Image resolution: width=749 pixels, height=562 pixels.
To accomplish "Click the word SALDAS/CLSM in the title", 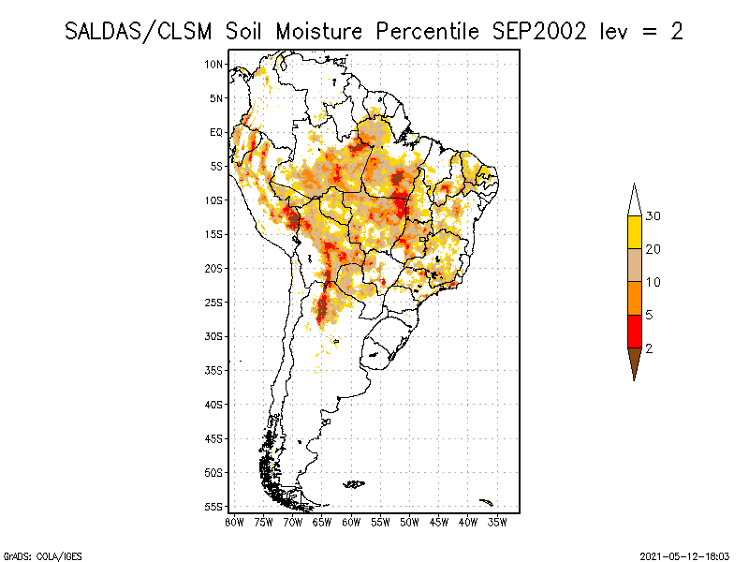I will (x=141, y=30).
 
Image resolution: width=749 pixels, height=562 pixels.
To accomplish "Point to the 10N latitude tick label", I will (x=214, y=64).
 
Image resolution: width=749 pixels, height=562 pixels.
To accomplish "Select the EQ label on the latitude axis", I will (x=216, y=132).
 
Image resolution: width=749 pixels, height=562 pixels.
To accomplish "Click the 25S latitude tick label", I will (x=214, y=302).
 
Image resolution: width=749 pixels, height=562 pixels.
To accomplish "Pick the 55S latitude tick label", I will (x=214, y=506).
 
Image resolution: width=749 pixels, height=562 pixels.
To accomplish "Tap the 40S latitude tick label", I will (x=214, y=404).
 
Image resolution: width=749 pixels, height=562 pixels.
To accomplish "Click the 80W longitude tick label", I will (x=234, y=522).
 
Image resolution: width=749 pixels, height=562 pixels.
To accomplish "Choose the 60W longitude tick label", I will (x=351, y=522).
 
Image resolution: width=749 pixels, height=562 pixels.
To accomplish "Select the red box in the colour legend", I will (x=634, y=331).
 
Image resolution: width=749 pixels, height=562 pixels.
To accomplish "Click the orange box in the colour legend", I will (x=634, y=298).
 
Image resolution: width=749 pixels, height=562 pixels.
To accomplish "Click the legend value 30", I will (x=653, y=216).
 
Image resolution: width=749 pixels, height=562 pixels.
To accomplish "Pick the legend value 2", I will (x=649, y=348).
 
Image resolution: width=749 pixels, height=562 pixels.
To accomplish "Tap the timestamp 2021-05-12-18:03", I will (x=684, y=555).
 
